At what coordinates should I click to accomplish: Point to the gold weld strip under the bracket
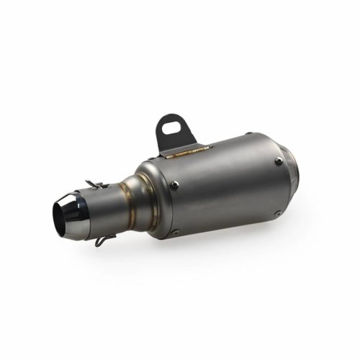189,152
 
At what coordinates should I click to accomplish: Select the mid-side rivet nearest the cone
175,186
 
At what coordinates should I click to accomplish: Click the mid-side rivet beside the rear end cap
279,161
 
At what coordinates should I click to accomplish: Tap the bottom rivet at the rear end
278,213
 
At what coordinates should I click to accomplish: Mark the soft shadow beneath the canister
238,238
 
